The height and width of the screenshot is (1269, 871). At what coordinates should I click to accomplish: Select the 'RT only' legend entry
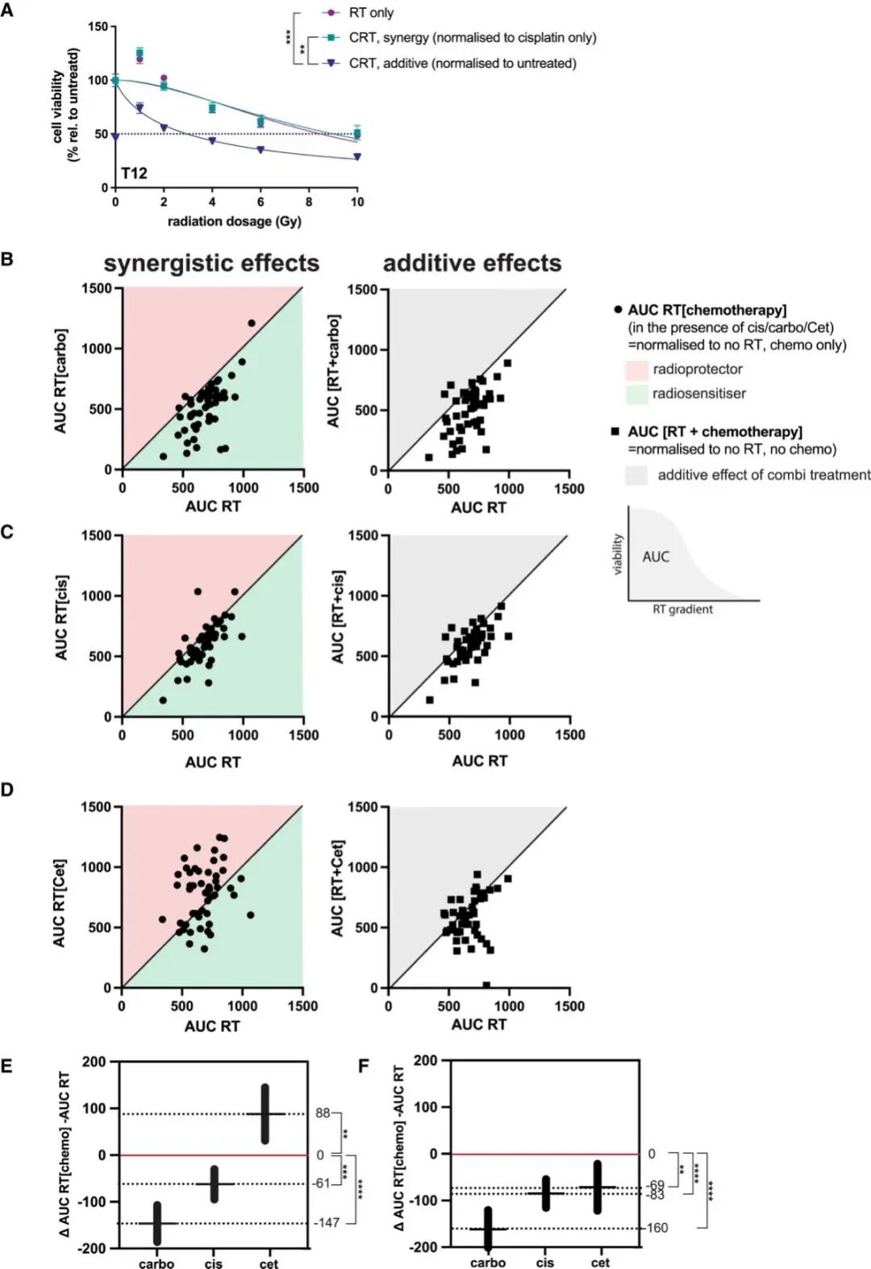tap(371, 13)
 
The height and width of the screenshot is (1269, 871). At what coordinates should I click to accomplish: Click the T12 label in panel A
tap(134, 173)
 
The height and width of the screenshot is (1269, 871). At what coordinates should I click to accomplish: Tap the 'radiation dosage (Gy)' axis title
tap(234, 221)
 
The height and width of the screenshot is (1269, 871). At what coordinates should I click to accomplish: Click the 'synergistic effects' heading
tap(211, 264)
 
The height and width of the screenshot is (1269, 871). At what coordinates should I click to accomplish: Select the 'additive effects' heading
tap(472, 264)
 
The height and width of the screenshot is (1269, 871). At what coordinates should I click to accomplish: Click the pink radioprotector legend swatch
tap(636, 370)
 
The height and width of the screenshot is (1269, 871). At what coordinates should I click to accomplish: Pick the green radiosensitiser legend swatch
tap(636, 394)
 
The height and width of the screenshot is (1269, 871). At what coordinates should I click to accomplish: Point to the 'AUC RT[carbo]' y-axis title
tap(61, 380)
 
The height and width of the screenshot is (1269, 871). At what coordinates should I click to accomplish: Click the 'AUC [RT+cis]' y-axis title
tap(338, 617)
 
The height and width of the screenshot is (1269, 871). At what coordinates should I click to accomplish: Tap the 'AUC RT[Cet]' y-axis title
tap(60, 903)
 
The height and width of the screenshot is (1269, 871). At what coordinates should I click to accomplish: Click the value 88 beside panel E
tap(323, 1113)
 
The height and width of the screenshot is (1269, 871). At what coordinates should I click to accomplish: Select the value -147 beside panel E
tap(326, 1223)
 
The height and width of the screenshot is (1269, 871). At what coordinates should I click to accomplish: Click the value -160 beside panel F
tap(656, 1228)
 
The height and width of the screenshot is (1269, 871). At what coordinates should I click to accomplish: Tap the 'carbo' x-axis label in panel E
tap(156, 1263)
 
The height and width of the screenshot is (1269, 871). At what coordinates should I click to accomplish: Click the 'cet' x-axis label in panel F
tap(600, 1263)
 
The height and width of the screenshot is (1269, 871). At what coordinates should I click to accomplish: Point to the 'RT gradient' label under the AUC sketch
tap(682, 610)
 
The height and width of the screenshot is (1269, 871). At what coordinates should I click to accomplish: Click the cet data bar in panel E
tap(265, 1113)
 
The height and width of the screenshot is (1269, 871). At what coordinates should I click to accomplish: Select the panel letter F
tap(363, 1067)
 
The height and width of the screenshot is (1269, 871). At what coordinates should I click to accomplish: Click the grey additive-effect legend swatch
tap(636, 475)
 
